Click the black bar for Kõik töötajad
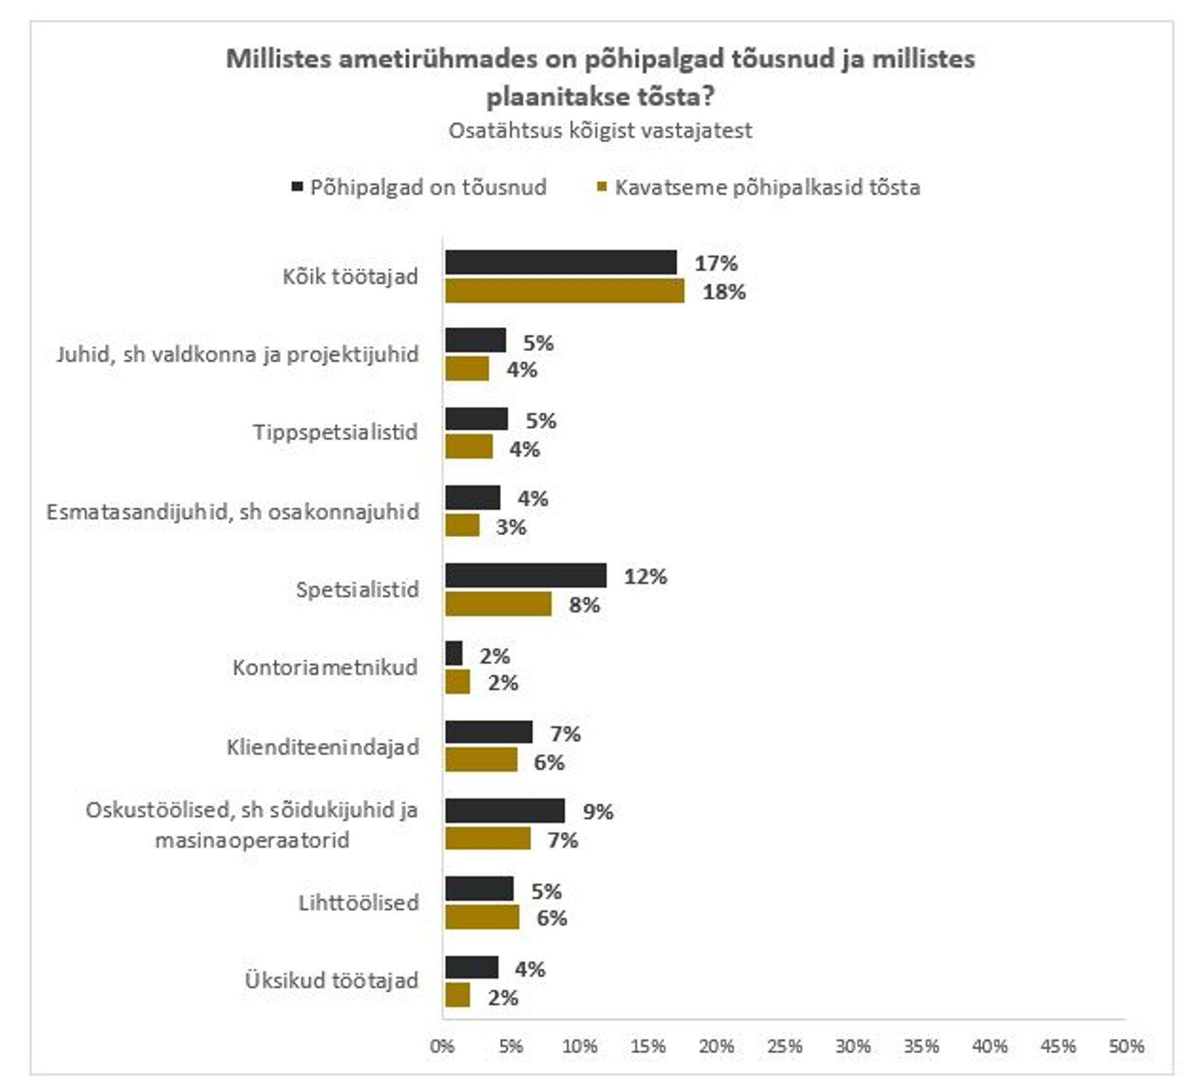(x=561, y=262)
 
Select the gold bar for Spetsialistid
(x=498, y=604)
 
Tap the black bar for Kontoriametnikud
(x=454, y=653)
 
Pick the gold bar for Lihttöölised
(x=482, y=917)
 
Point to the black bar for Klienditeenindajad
(x=489, y=733)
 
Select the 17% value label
(x=716, y=263)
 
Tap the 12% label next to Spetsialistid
(x=645, y=577)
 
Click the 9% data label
(x=598, y=811)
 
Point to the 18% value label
(x=724, y=292)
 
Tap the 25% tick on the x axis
(x=785, y=1047)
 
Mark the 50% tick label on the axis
(x=1126, y=1047)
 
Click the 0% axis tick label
(x=442, y=1047)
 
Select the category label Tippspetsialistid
(x=335, y=432)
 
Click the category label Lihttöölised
(x=358, y=903)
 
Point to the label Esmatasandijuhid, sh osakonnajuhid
(x=233, y=512)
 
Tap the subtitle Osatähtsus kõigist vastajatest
(x=600, y=131)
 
